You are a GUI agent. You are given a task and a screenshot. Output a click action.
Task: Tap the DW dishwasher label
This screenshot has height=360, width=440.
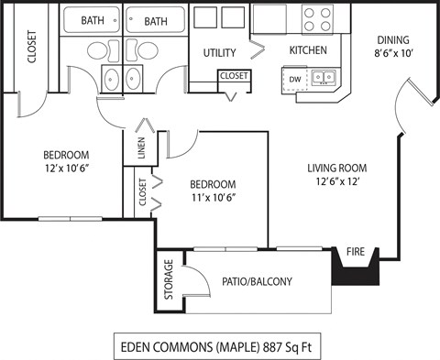(295, 79)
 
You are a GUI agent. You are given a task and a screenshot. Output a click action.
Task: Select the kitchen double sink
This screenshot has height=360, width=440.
(322, 78)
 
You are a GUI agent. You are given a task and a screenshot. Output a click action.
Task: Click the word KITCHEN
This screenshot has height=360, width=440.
(309, 49)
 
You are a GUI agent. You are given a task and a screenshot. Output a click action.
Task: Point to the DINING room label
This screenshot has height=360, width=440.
(392, 39)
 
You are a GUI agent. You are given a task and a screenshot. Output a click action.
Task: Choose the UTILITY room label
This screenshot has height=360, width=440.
(220, 52)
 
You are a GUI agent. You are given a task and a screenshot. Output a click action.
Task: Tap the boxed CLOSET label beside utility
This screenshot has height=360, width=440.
(233, 76)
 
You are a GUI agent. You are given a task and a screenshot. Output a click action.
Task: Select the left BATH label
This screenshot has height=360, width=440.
(93, 20)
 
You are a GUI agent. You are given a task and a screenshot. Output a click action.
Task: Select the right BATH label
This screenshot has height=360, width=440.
(156, 20)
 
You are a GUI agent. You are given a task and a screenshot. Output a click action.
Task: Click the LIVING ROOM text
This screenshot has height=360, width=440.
(337, 168)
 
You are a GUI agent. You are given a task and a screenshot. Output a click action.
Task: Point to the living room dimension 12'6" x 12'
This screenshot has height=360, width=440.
(337, 181)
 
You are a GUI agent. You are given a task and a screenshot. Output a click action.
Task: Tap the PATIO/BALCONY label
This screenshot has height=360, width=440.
(257, 281)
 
